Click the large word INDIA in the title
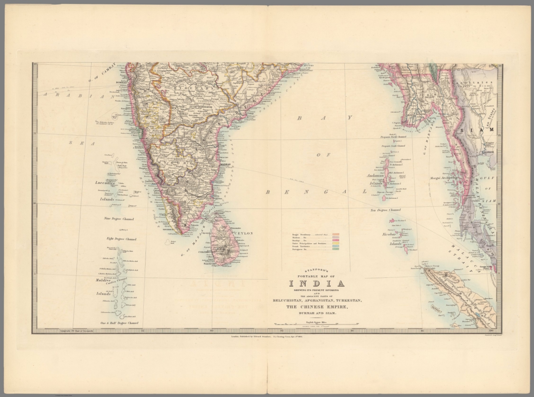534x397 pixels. tap(317, 283)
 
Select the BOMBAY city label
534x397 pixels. tap(120, 82)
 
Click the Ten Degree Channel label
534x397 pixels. tap(386, 210)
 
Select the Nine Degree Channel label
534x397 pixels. tap(119, 219)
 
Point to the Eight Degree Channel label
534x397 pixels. tap(121, 239)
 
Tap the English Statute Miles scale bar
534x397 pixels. tap(317, 324)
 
